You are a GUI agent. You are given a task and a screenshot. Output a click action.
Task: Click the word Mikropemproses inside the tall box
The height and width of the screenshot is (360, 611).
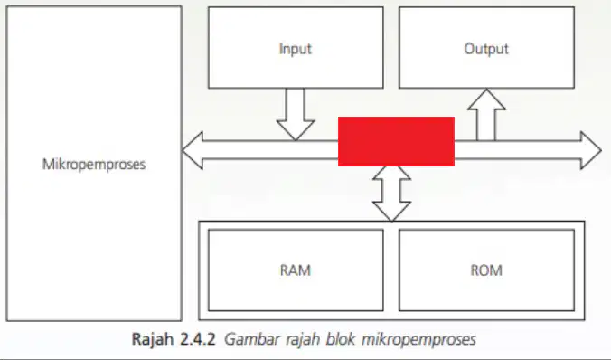coord(94,165)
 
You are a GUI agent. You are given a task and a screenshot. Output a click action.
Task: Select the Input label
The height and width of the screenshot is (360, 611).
coord(296,49)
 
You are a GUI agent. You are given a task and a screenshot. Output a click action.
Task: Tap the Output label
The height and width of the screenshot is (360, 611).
coord(486,49)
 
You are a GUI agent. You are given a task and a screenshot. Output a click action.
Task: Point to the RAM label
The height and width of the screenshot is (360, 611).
coord(296,270)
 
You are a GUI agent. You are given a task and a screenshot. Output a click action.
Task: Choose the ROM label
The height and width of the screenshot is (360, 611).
coord(486,270)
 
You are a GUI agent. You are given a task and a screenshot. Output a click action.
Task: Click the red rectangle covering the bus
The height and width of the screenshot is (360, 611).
coord(396,142)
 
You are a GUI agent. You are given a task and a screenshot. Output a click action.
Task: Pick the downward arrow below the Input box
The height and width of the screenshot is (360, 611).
coord(296,114)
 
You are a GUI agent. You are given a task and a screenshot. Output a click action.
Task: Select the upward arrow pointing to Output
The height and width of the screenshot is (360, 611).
coord(486,115)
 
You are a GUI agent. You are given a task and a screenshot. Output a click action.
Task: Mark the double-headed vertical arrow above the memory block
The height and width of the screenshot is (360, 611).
coord(391,194)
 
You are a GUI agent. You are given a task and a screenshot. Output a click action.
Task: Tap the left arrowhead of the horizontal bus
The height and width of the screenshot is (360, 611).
coord(193,150)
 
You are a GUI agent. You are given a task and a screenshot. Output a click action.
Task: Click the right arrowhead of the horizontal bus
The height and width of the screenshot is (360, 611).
coord(591,150)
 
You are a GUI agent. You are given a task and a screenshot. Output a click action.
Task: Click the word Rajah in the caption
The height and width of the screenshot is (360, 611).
coord(153,339)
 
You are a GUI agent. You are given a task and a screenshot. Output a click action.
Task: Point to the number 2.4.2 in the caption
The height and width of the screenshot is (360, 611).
coord(198,338)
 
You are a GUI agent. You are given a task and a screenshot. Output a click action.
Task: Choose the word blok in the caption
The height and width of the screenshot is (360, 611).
coord(341,338)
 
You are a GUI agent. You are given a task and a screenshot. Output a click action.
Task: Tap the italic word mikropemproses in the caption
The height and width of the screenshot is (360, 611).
coord(418,339)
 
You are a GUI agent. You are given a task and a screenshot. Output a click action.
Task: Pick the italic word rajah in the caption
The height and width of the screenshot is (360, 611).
coord(303,339)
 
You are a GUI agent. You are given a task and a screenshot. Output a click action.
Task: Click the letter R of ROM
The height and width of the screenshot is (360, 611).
coord(475,270)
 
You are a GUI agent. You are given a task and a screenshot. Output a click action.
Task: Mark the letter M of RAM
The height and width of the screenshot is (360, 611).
coord(305,270)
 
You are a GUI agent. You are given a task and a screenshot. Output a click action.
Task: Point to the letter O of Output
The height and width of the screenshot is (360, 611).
coord(470,49)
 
